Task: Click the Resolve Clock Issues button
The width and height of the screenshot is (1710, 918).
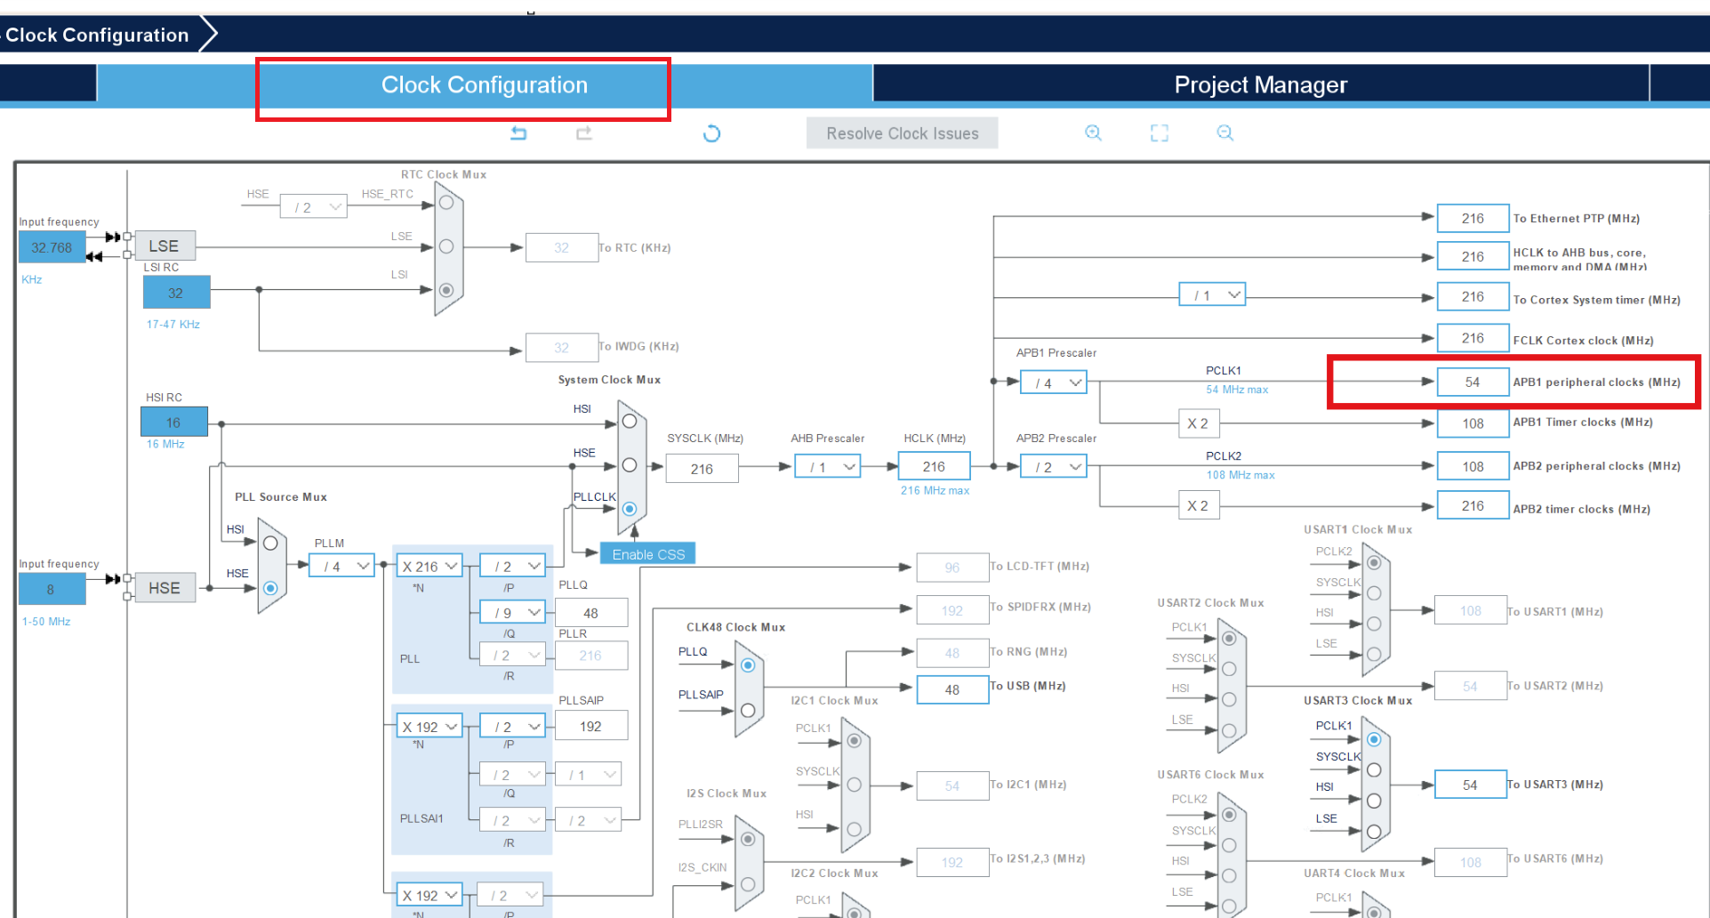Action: pyautogui.click(x=902, y=133)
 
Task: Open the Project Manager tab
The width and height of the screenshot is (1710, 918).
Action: pyautogui.click(x=1260, y=85)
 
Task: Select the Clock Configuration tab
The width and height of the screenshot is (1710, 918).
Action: pyautogui.click(x=484, y=85)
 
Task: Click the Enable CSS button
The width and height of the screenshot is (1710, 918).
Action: pyautogui.click(x=648, y=554)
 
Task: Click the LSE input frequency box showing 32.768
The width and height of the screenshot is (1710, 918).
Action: pyautogui.click(x=52, y=247)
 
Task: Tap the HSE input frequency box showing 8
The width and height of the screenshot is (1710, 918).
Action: pyautogui.click(x=51, y=589)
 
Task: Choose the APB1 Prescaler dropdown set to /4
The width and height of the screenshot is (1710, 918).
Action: pyautogui.click(x=1054, y=382)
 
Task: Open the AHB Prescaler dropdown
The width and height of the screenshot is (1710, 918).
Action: pyautogui.click(x=828, y=467)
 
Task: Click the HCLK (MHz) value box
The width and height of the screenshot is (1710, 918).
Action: pyautogui.click(x=934, y=467)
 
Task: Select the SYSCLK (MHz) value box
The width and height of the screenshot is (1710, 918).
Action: pyautogui.click(x=702, y=469)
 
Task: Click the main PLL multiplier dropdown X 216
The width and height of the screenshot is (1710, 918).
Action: pyautogui.click(x=429, y=566)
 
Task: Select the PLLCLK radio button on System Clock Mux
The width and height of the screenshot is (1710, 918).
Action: pyautogui.click(x=630, y=509)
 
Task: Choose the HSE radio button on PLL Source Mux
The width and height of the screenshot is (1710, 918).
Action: pyautogui.click(x=270, y=588)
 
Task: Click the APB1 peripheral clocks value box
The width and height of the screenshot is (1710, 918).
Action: pyautogui.click(x=1473, y=382)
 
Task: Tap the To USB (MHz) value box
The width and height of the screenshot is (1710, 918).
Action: pyautogui.click(x=952, y=689)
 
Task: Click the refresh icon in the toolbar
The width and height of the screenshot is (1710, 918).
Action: pyautogui.click(x=711, y=133)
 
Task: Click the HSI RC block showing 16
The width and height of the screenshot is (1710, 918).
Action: pyautogui.click(x=173, y=423)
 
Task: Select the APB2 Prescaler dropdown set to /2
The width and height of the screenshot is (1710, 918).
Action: pyautogui.click(x=1054, y=467)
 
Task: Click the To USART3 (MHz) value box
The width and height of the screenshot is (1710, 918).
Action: pyautogui.click(x=1470, y=785)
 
